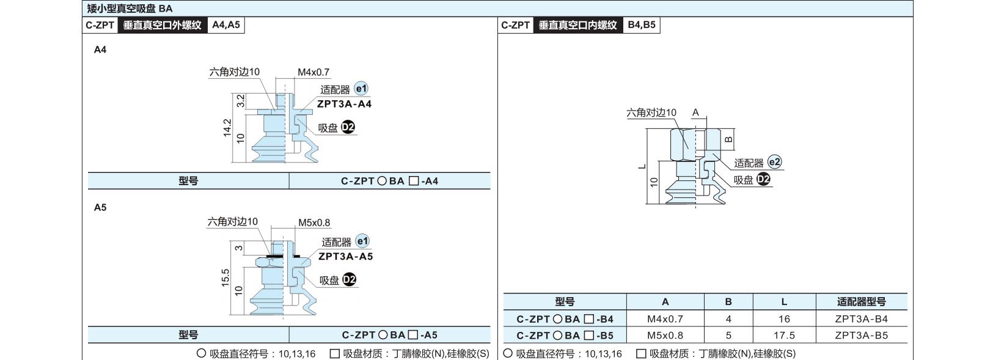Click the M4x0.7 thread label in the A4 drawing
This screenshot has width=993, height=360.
[x=313, y=72]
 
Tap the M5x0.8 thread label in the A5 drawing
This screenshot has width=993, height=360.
[x=314, y=222]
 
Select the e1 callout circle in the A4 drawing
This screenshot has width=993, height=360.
[x=361, y=89]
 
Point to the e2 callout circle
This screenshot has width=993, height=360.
[x=774, y=162]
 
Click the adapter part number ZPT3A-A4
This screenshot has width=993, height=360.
[x=345, y=104]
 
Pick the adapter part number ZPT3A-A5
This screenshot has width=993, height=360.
[x=346, y=257]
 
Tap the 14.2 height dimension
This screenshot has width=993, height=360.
[x=227, y=128]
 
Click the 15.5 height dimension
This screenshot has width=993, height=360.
[x=225, y=278]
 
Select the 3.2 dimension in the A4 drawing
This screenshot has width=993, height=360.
[x=241, y=101]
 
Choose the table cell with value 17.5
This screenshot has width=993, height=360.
[x=784, y=335]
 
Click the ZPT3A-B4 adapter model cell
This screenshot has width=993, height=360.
[x=862, y=319]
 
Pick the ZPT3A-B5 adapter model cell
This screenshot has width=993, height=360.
[x=862, y=335]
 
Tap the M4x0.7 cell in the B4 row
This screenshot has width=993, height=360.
[x=665, y=319]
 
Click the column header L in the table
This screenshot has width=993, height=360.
[x=784, y=302]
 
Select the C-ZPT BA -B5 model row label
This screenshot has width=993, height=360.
[x=565, y=336]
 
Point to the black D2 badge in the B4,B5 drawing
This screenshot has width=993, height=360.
[x=763, y=179]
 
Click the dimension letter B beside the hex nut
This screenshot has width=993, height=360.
[x=728, y=139]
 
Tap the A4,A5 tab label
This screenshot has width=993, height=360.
[x=226, y=25]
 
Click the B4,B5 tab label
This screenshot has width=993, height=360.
[x=642, y=25]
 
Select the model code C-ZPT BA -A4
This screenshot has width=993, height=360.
[x=390, y=181]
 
